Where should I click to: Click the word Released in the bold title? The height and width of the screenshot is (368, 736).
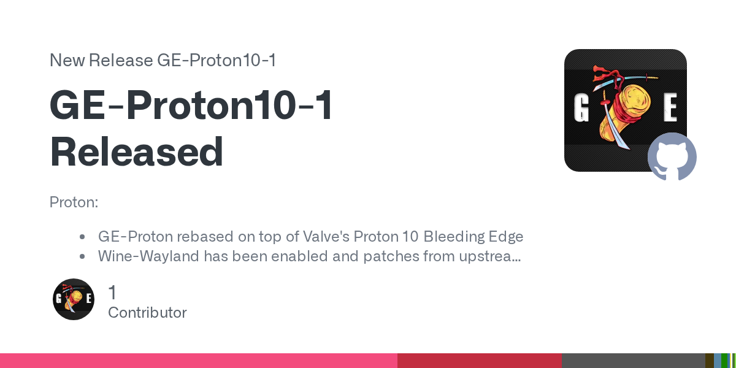(136, 152)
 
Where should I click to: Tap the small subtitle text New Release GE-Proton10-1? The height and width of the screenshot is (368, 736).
(163, 60)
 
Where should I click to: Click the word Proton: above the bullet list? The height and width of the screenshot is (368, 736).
(74, 202)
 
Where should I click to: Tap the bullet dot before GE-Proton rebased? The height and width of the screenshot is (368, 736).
(82, 237)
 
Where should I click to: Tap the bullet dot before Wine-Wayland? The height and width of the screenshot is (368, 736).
(82, 256)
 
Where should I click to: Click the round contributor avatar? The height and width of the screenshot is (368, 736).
(74, 299)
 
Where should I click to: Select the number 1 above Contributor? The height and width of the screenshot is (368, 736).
(112, 292)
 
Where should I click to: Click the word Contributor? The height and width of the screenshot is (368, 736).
(147, 312)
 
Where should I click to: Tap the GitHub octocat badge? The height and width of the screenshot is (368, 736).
(672, 157)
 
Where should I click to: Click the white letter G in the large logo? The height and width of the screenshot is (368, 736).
(581, 107)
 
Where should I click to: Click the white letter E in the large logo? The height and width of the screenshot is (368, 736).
(670, 107)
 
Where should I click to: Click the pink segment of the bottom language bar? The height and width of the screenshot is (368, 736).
(199, 361)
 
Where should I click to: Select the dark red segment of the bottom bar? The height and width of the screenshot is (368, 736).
(480, 361)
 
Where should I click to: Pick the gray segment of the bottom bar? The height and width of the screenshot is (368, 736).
(634, 361)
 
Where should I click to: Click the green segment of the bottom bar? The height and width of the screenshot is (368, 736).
(724, 361)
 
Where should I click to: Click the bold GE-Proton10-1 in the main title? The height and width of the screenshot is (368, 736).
(191, 105)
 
